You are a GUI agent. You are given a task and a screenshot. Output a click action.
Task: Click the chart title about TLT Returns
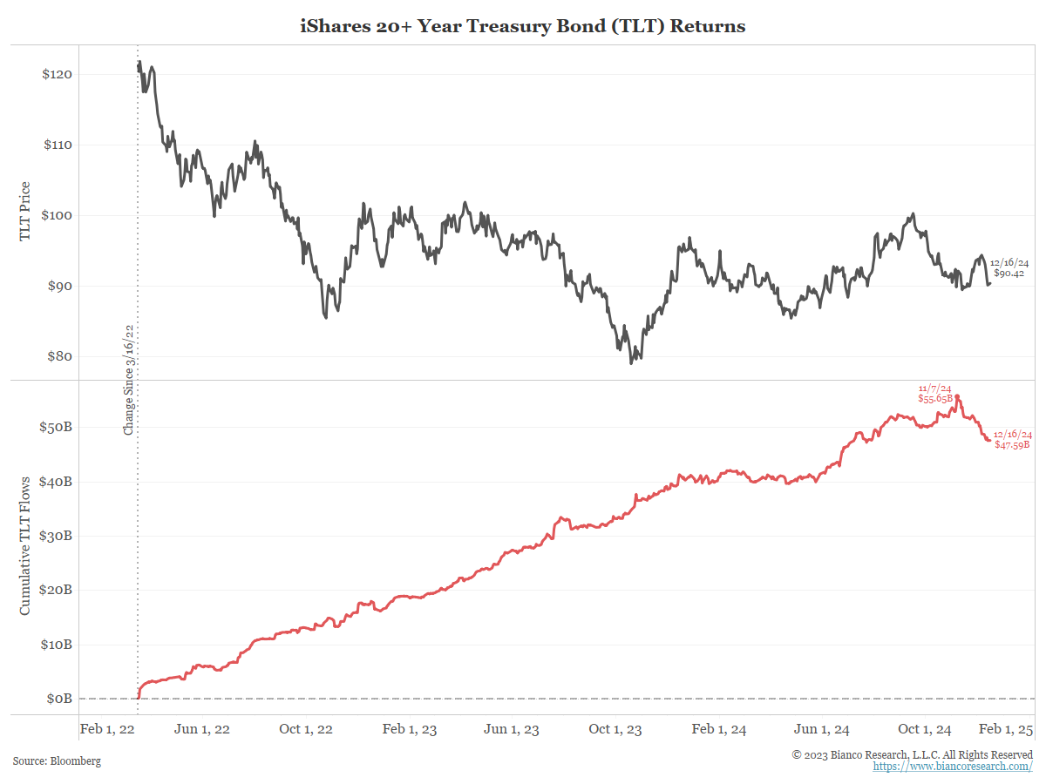pos(523,26)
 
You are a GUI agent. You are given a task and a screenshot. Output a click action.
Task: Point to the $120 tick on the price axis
pos(57,74)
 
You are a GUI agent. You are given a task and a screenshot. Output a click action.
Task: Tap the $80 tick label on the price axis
pos(59,356)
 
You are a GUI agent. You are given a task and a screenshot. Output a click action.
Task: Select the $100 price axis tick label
pos(57,215)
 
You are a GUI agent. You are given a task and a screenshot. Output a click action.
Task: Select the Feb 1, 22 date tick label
pos(107,729)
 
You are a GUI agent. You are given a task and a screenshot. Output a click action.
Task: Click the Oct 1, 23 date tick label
pos(615,729)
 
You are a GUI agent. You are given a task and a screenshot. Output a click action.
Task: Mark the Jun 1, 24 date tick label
pos(822,729)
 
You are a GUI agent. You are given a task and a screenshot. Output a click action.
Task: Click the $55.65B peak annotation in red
pos(934,398)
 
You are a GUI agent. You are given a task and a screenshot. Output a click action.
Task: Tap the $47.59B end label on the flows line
pos(1012,444)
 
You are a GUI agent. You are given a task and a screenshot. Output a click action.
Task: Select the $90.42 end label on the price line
pos(1009,273)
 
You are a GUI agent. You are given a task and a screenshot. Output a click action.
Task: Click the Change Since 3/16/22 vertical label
pos(128,379)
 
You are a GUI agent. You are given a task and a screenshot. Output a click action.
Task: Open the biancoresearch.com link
pos(953,767)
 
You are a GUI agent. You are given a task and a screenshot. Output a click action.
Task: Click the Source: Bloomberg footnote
pos(57,760)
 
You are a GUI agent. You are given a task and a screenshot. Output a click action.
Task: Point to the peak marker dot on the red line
pos(957,397)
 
